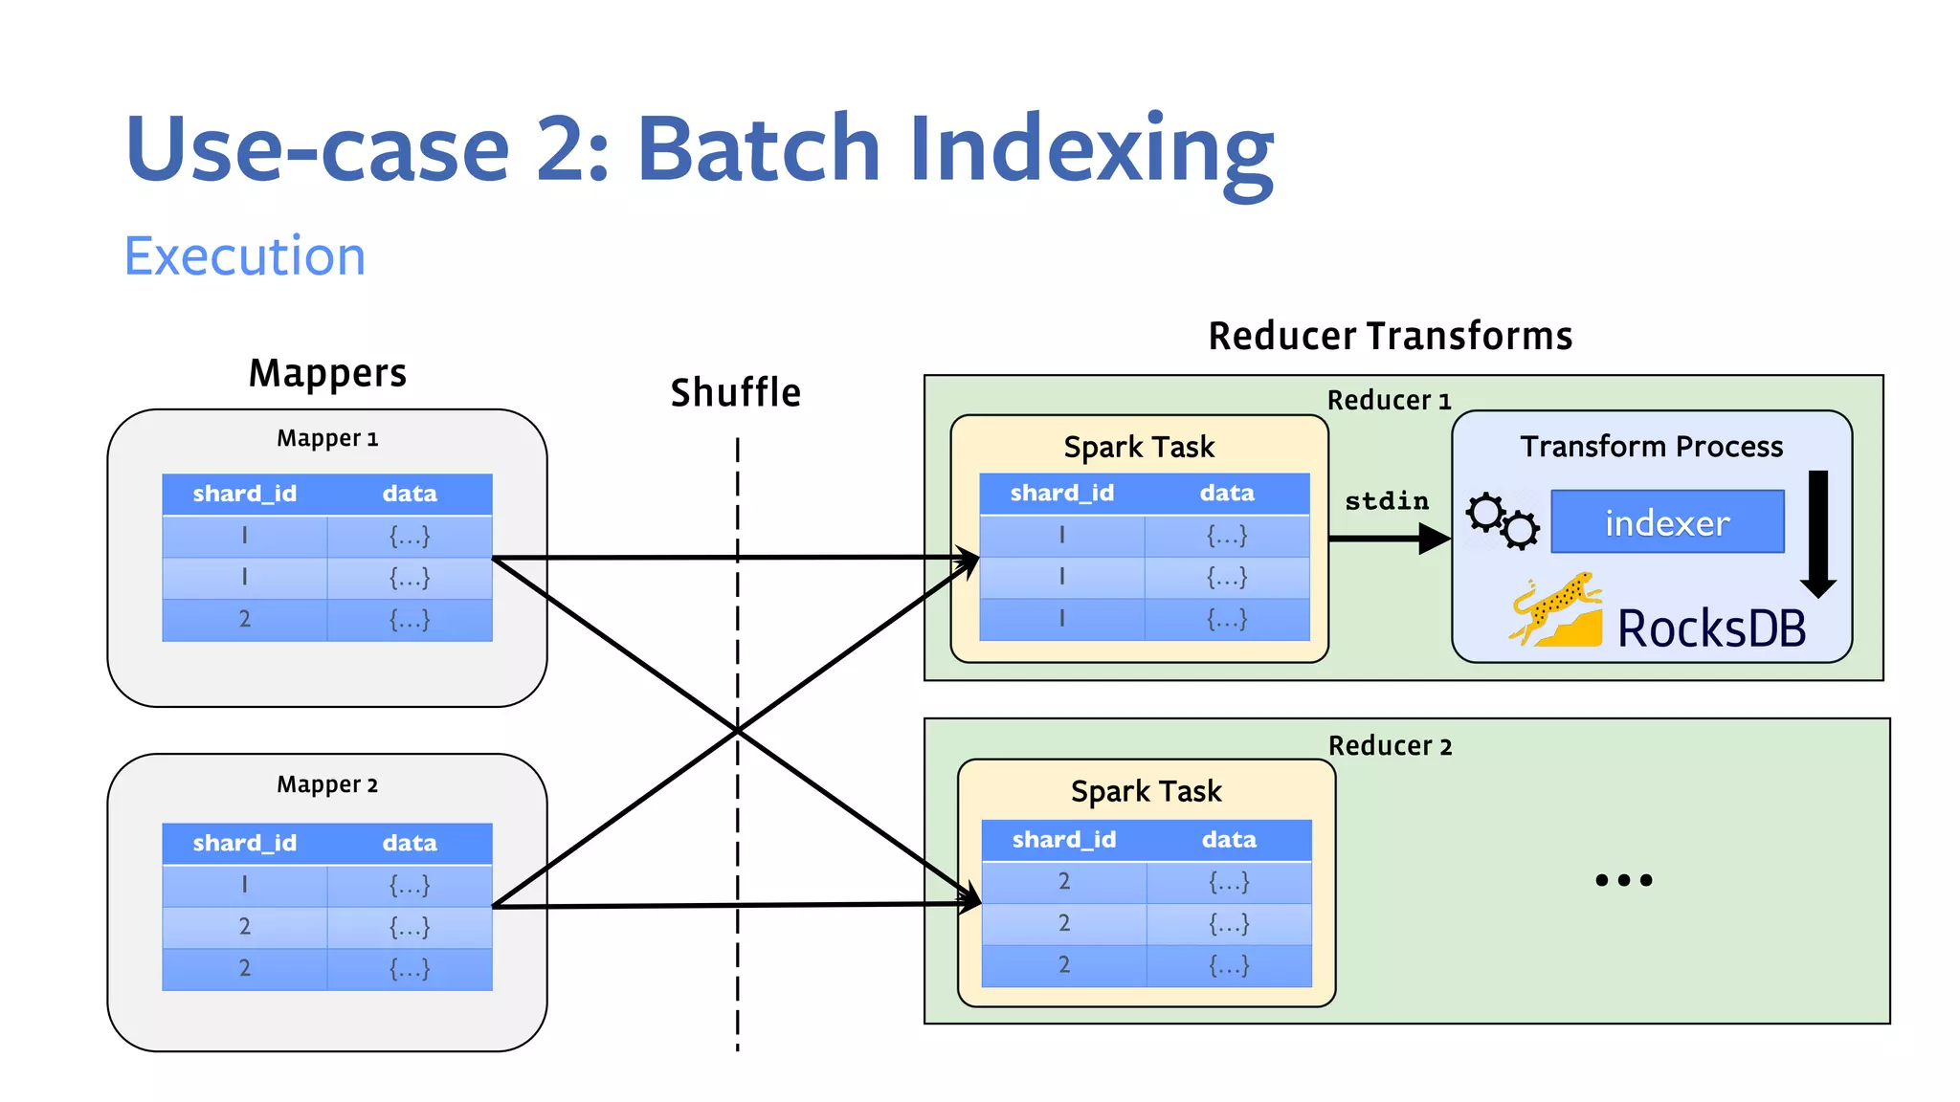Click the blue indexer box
(x=1666, y=522)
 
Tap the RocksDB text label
(x=1711, y=629)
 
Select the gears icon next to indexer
(x=1503, y=520)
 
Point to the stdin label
(x=1386, y=500)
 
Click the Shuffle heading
(x=735, y=393)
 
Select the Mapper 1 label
(x=327, y=438)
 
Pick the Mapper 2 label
(x=327, y=784)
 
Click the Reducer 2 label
(x=1390, y=746)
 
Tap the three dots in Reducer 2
(x=1623, y=880)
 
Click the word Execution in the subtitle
(x=245, y=256)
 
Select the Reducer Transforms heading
(x=1390, y=337)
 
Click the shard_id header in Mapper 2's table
(x=245, y=843)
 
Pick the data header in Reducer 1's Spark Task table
(x=1227, y=493)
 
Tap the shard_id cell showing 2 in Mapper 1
(x=245, y=620)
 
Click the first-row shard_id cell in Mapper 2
(x=245, y=885)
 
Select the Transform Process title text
(x=1651, y=447)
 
